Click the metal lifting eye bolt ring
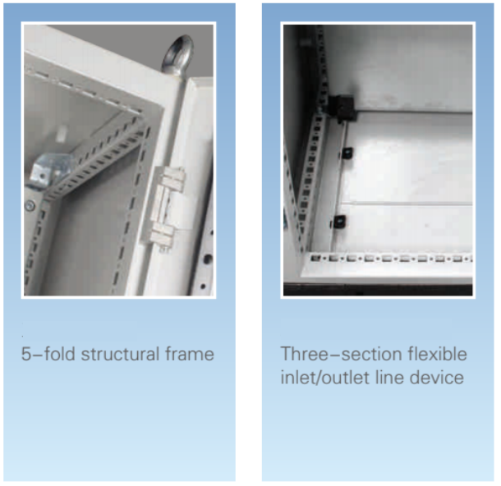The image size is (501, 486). coord(177,53)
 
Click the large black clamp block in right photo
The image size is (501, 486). coord(342,108)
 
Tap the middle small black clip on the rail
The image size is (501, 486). coord(347,154)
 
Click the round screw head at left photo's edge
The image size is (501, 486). coord(30,205)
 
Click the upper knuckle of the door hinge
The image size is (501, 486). coord(171,179)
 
